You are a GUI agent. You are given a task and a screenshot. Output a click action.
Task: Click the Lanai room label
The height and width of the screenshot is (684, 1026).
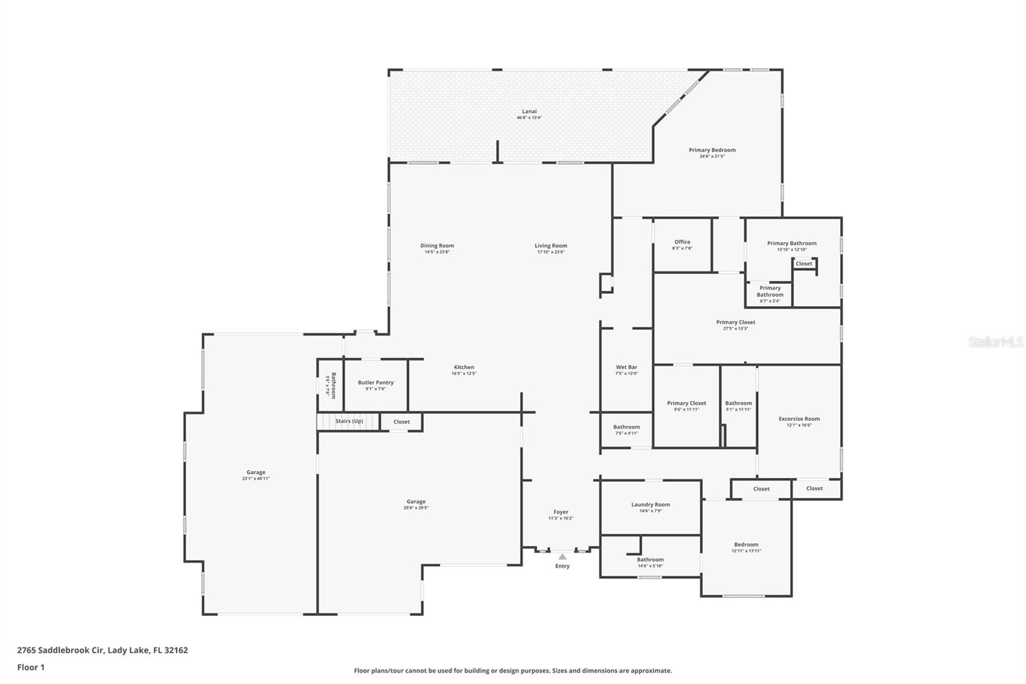(x=529, y=112)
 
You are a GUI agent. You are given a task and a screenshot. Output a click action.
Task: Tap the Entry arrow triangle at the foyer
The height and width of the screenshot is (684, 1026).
(x=562, y=556)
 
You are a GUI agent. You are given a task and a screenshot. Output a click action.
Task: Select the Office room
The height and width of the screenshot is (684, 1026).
(x=682, y=245)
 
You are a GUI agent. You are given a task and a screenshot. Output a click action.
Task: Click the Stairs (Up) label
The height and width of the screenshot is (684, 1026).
(x=349, y=421)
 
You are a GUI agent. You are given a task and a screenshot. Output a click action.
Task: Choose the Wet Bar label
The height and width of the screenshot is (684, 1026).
(x=627, y=368)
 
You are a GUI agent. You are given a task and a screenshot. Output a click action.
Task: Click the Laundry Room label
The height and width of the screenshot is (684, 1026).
(x=650, y=505)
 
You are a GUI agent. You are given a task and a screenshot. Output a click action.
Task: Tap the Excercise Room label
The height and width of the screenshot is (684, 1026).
(x=799, y=419)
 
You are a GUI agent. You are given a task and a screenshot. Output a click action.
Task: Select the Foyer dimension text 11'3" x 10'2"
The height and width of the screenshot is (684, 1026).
(x=560, y=518)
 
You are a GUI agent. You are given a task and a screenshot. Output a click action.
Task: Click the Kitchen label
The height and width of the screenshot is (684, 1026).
(x=464, y=368)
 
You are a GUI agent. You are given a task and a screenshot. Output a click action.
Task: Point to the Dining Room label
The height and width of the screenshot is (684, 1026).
(x=437, y=246)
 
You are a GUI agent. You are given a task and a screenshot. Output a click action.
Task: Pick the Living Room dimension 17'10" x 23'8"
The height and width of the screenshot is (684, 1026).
(x=551, y=252)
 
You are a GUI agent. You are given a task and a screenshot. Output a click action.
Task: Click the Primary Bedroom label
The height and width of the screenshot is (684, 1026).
(x=712, y=150)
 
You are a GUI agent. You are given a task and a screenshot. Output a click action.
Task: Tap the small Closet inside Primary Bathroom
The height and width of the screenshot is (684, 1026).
(x=803, y=264)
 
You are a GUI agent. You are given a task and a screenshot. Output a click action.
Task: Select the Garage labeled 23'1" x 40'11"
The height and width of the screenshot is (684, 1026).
(x=256, y=475)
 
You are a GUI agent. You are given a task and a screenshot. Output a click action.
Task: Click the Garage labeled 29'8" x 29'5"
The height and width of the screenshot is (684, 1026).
(x=416, y=505)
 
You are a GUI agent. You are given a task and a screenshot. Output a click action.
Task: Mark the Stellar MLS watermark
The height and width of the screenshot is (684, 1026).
(x=995, y=343)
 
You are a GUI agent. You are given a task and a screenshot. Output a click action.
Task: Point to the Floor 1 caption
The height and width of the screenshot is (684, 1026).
(x=31, y=667)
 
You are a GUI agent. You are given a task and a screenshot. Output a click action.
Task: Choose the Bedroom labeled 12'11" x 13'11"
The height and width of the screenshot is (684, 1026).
(x=746, y=547)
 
